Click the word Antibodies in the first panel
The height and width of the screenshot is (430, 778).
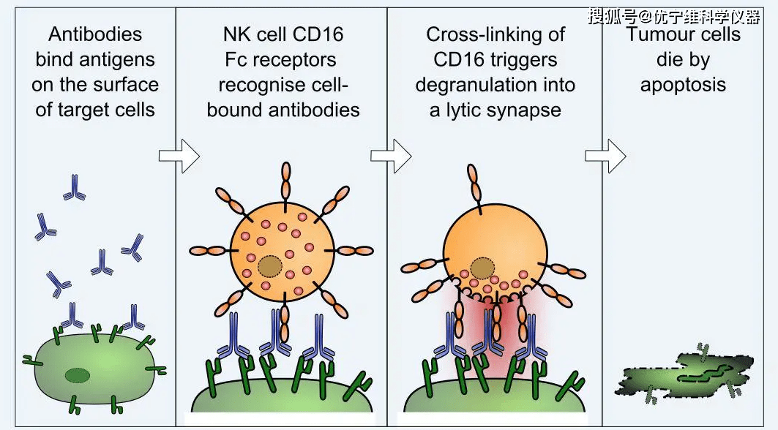95,34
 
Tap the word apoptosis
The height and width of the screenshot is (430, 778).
683,84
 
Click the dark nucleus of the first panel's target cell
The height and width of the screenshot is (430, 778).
76,376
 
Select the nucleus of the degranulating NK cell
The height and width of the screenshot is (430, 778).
482,268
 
